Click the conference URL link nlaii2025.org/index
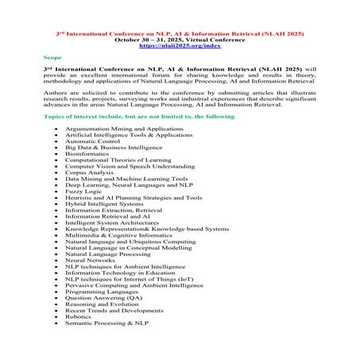coord(180,47)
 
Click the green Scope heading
coord(52,58)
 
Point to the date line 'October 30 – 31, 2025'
coord(179,40)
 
